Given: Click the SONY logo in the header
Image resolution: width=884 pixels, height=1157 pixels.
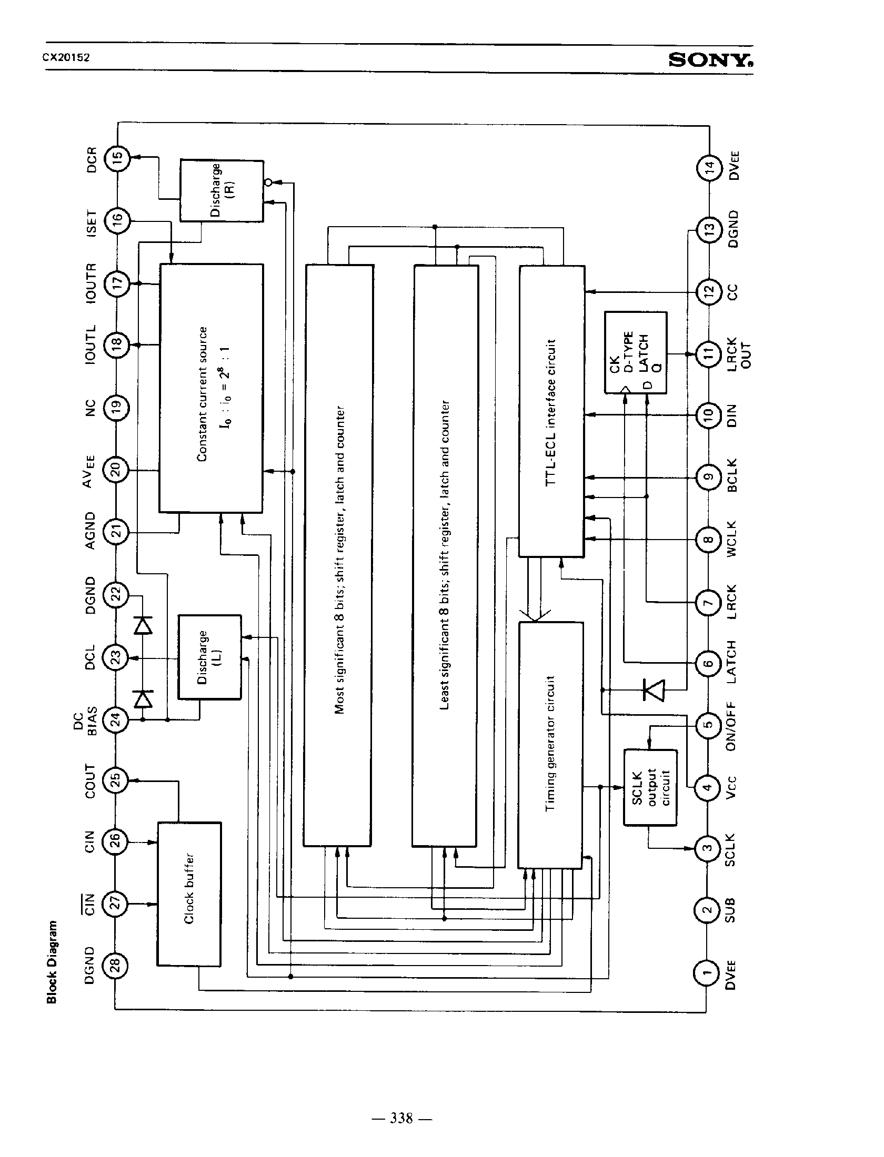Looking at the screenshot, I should click(x=710, y=61).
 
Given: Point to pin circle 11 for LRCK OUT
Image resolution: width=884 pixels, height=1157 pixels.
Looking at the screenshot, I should click(x=708, y=353).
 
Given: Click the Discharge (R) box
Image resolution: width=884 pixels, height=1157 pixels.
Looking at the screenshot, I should click(x=222, y=190).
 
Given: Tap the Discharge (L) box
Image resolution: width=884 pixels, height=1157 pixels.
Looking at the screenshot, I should click(x=209, y=657).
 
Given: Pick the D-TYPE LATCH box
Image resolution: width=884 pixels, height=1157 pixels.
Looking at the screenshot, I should click(x=636, y=352).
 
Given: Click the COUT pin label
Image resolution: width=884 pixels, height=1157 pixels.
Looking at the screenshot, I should click(x=91, y=781).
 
